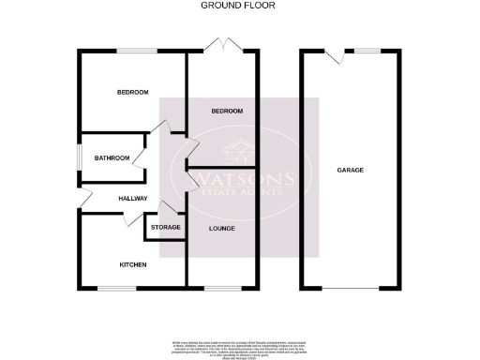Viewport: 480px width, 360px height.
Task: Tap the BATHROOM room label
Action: [x=112, y=157]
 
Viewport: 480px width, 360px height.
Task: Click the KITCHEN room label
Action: [x=132, y=265]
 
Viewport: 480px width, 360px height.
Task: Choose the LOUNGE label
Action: [x=221, y=228]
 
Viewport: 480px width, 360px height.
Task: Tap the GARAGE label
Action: [x=351, y=170]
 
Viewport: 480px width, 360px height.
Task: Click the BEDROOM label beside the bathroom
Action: [x=132, y=93]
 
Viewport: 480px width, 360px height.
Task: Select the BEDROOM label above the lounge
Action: [x=227, y=112]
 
